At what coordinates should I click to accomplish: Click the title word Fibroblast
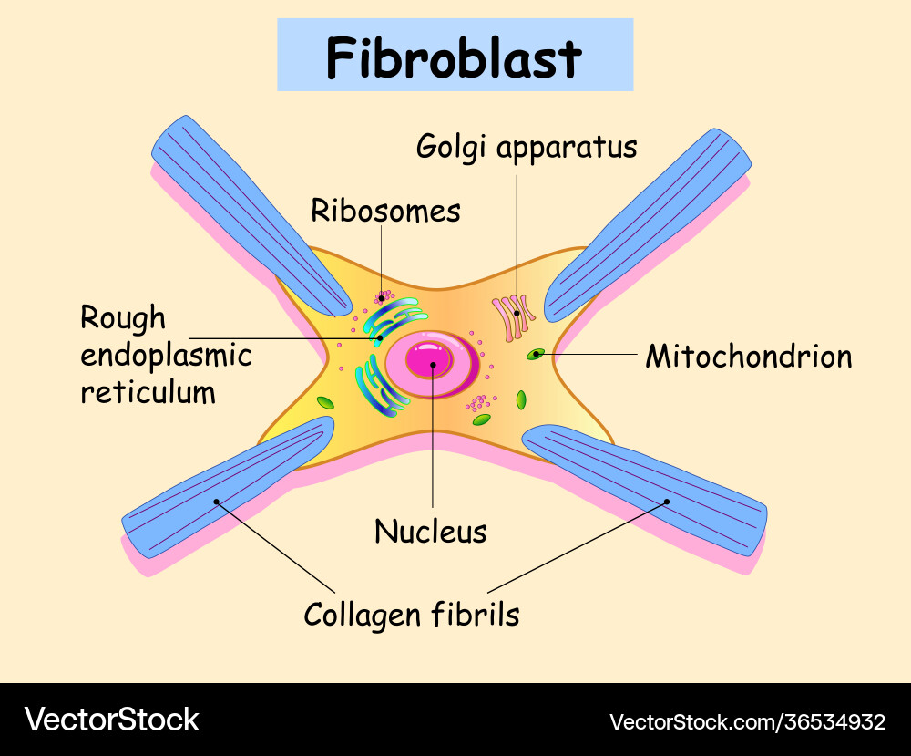[454, 57]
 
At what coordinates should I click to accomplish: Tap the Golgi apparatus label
[527, 146]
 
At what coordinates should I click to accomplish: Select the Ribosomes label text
[385, 211]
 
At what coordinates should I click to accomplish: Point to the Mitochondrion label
[749, 356]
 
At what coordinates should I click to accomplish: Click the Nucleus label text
[431, 531]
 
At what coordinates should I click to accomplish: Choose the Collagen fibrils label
[412, 614]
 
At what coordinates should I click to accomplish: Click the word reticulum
[148, 392]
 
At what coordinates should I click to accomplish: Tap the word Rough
[123, 318]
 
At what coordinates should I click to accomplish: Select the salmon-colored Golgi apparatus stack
[515, 316]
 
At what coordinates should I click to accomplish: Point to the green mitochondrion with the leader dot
[537, 354]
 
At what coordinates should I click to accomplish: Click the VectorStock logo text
[111, 720]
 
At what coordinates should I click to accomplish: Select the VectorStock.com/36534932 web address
[747, 722]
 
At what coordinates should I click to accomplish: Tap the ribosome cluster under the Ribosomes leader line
[384, 297]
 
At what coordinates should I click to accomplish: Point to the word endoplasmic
[166, 355]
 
